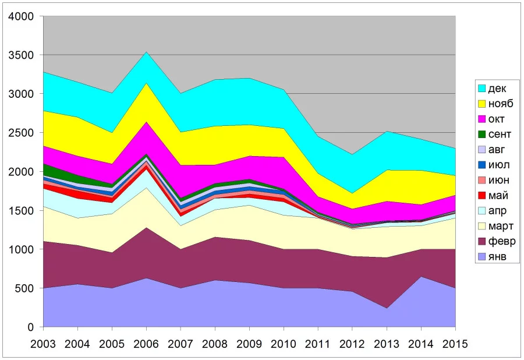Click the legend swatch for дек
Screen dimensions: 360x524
point(481,89)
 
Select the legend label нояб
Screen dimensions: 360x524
point(501,104)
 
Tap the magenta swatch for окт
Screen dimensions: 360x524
point(481,119)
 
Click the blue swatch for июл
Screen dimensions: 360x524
point(481,165)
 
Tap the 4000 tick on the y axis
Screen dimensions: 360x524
point(26,16)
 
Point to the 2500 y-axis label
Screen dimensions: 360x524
point(26,133)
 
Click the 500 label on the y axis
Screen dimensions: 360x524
point(29,288)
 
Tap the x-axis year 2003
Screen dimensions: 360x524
point(43,344)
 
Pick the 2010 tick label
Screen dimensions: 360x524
point(283,344)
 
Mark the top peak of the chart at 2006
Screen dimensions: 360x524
point(146,52)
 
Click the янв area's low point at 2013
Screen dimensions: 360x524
point(386,308)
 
